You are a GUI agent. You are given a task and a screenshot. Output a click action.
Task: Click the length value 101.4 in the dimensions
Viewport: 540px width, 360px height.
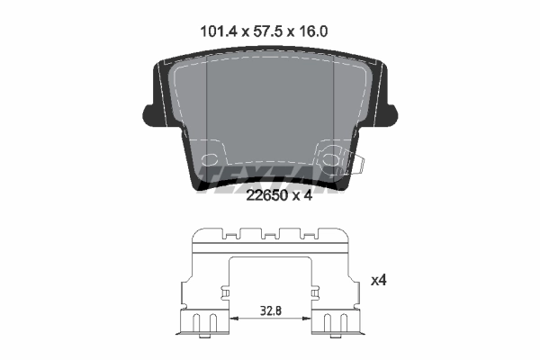point(215,31)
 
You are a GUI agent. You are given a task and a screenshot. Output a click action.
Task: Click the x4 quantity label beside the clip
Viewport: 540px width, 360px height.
point(380,280)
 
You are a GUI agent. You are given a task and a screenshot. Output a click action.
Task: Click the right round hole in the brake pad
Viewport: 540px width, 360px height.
point(331,162)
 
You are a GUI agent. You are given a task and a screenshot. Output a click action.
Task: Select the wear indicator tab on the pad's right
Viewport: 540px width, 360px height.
point(355,165)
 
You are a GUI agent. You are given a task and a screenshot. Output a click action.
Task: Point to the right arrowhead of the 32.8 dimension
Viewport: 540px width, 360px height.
point(307,318)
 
